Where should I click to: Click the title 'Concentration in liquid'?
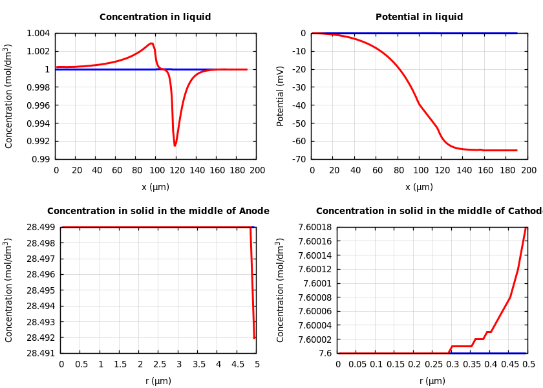tap(155, 17)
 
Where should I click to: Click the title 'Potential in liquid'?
tap(419, 17)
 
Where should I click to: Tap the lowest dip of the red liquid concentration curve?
tap(175, 145)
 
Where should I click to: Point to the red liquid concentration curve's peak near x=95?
tap(151, 43)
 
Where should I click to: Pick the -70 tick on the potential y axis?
tap(299, 159)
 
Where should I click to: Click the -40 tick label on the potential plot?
tap(299, 105)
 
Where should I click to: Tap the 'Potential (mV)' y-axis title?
tap(281, 96)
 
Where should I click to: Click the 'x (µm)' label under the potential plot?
tap(419, 187)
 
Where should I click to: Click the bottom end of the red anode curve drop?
tap(254, 338)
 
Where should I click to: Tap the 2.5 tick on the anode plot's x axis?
tap(159, 364)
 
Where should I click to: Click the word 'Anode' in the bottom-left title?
tap(254, 211)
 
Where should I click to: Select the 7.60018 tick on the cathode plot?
tap(315, 228)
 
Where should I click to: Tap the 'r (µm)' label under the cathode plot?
tap(432, 381)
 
